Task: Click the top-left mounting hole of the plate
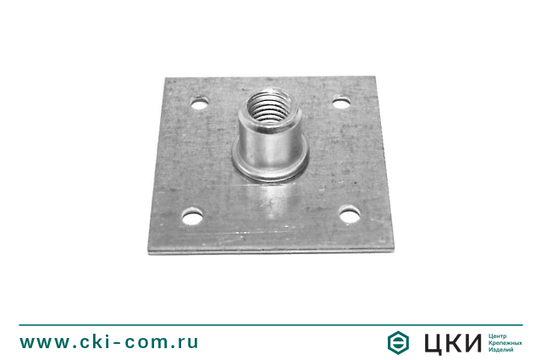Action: coord(200,102)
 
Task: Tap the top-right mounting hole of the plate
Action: coord(341,102)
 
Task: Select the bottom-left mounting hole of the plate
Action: coord(192,217)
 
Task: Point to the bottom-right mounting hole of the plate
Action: coord(350,215)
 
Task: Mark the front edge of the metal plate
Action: coord(271,251)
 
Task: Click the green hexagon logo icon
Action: coord(398,342)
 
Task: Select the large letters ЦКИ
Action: coord(453,343)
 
